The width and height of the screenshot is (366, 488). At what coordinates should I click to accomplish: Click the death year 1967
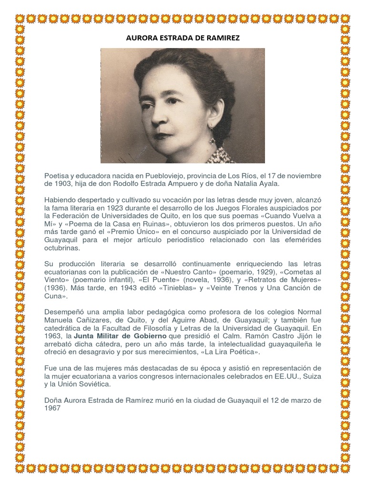point(52,408)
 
